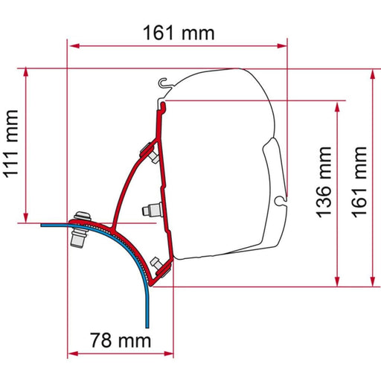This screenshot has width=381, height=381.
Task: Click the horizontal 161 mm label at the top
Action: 177,33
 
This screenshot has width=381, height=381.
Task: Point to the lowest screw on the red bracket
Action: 156,263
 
